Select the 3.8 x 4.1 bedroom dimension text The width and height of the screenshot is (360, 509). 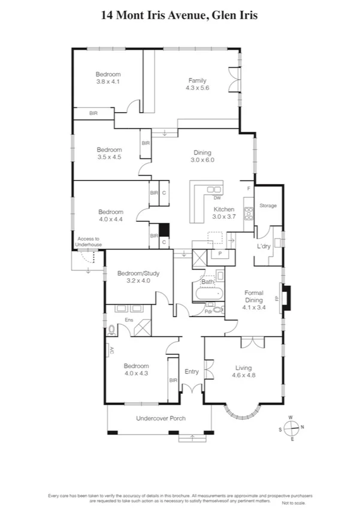[108, 82]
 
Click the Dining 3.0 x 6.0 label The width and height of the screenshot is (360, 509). [202, 156]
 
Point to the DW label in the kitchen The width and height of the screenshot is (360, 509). [217, 198]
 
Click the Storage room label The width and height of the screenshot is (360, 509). [268, 206]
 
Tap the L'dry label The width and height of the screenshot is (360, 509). [264, 247]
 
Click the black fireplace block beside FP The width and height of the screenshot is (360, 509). [287, 298]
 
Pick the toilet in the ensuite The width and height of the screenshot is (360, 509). [112, 329]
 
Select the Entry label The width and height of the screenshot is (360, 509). [191, 372]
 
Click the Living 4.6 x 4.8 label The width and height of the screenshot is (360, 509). [243, 372]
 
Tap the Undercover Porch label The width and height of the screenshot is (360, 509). [161, 418]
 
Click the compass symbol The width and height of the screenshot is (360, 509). [292, 428]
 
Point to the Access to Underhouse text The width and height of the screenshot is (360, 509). [89, 242]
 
